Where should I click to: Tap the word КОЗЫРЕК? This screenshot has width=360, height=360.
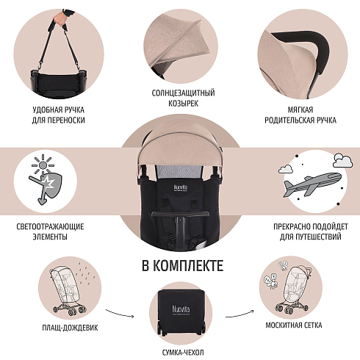183,104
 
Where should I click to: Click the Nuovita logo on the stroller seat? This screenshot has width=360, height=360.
181,188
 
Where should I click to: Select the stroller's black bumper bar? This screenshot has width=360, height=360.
181,215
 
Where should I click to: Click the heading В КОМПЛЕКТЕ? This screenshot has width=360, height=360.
183,266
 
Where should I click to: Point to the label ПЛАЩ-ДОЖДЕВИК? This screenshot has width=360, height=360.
70,328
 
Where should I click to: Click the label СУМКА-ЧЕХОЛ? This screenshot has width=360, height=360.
183,353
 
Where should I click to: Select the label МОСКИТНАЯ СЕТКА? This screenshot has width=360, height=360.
294,325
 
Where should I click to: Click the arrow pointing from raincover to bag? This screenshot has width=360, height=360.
120,314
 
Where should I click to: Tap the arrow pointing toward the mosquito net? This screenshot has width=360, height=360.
240,314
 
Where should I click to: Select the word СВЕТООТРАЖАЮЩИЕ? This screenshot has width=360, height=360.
50,226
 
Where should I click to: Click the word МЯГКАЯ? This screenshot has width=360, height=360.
300,109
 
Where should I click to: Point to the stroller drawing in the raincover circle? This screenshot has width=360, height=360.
68,292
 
